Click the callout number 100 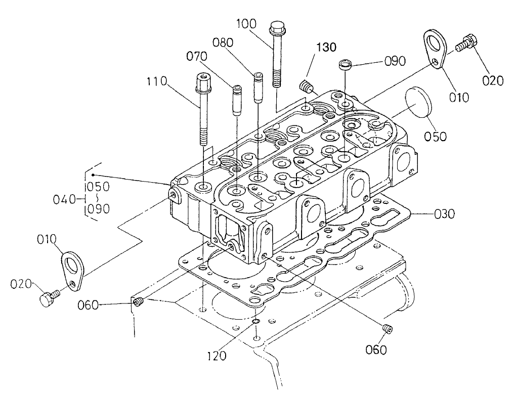click(x=246, y=24)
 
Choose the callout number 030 click(x=444, y=214)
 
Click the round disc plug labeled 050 click(x=418, y=104)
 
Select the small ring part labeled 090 click(x=346, y=65)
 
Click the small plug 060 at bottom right click(x=388, y=329)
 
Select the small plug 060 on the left click(x=139, y=302)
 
